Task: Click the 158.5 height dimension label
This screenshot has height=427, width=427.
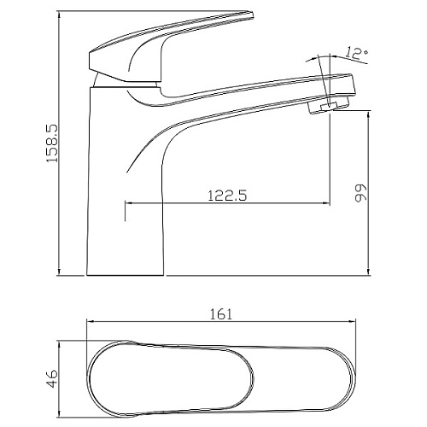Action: (x=52, y=143)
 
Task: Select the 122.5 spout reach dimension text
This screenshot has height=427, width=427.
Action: (x=227, y=196)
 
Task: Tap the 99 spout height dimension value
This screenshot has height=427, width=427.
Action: (x=361, y=193)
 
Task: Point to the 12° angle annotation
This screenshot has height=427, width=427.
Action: (x=357, y=53)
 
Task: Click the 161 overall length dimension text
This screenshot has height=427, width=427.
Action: (x=221, y=314)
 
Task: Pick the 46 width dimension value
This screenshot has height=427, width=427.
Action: (x=52, y=378)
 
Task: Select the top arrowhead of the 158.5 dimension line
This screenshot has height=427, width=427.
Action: (x=59, y=15)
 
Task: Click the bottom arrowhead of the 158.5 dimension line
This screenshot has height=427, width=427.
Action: (x=59, y=272)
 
